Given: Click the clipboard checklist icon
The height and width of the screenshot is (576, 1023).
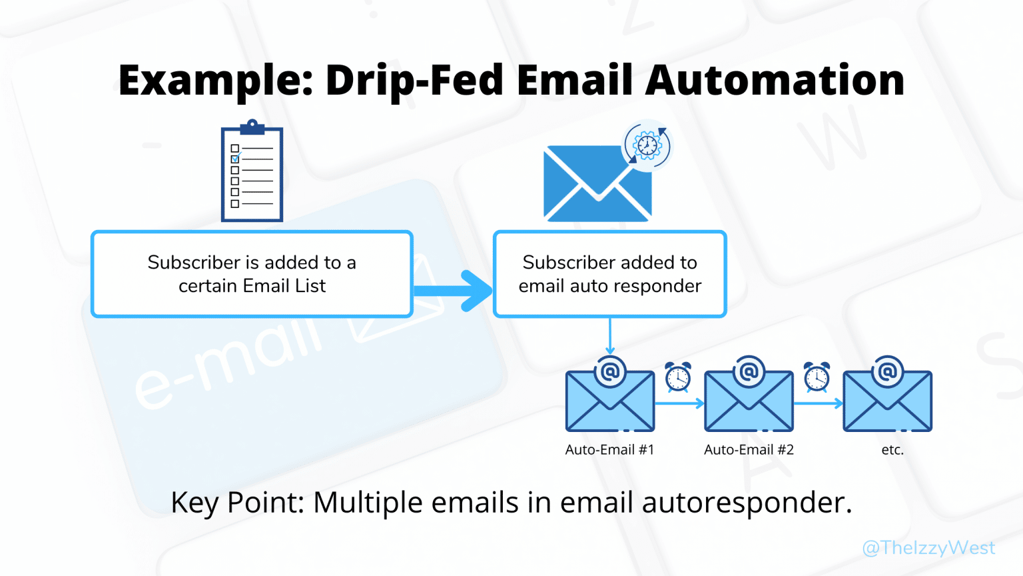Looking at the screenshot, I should [x=252, y=172].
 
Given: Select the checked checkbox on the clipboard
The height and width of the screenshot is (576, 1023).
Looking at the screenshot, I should [x=235, y=159].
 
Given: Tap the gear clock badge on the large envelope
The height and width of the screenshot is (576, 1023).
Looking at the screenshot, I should [x=647, y=145].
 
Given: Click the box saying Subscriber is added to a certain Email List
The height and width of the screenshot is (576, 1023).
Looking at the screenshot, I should [x=252, y=274].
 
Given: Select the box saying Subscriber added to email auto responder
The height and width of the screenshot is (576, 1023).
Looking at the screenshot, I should [x=609, y=274].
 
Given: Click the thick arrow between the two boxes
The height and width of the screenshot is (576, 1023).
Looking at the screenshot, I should [x=454, y=291].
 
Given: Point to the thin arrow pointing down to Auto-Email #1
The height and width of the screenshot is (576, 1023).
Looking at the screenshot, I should [x=609, y=337].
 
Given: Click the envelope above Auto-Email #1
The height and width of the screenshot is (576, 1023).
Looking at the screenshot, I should [x=609, y=400].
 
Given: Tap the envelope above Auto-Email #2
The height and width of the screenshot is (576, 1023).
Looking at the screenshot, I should [x=749, y=400].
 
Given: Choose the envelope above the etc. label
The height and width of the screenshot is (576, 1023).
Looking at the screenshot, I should [x=887, y=400].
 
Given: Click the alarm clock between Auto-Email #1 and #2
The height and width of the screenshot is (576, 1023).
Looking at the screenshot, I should [x=678, y=377].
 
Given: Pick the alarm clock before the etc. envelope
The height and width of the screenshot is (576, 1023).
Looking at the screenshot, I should [x=817, y=377].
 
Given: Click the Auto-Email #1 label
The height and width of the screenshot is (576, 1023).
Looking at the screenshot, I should [x=609, y=450].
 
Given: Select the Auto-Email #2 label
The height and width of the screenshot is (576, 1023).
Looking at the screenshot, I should [x=749, y=450].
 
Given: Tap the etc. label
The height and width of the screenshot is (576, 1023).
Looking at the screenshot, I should [x=892, y=450].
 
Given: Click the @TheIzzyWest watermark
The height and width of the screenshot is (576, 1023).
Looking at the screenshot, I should [x=928, y=548].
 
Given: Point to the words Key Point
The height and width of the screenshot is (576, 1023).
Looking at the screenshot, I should [x=236, y=503].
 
